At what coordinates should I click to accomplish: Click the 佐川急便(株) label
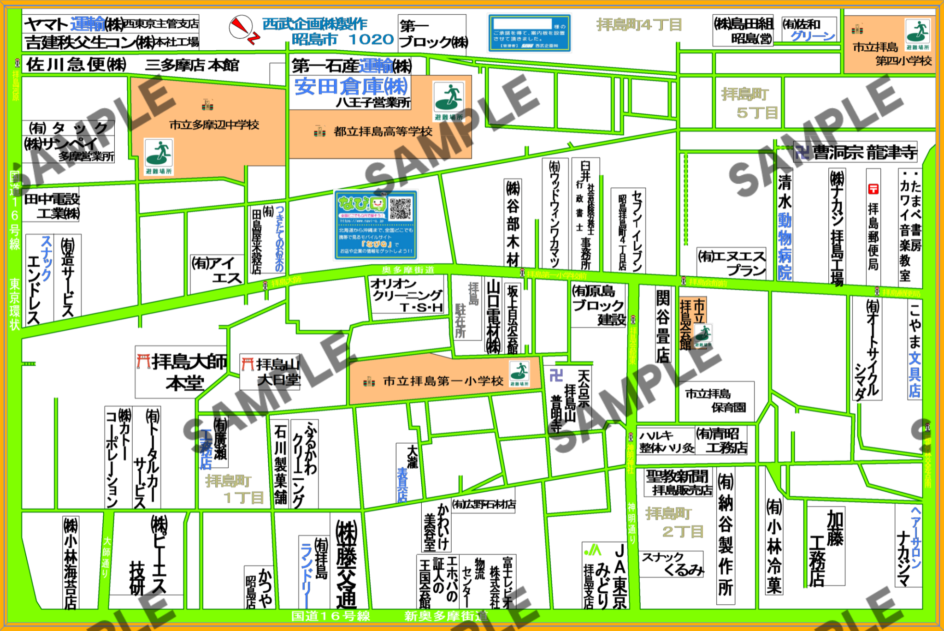tap(77, 65)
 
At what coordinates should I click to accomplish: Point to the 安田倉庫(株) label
tap(351, 86)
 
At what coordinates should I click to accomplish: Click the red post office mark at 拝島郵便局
tap(873, 189)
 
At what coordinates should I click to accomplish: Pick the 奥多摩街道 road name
tap(408, 270)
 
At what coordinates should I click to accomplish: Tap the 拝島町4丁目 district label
tap(639, 24)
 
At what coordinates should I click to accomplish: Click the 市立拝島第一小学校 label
tap(443, 381)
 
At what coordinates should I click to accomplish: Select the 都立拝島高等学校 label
tap(383, 132)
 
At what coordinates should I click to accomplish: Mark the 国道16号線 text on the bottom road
tap(330, 616)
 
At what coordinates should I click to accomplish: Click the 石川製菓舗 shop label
tap(280, 464)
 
